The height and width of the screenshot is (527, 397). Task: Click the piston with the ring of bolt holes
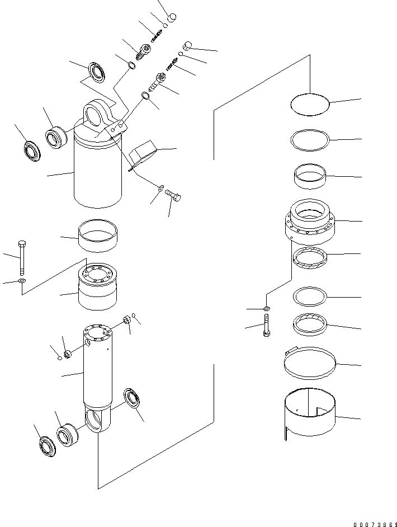click(97, 288)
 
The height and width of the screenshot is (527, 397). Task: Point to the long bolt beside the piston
click(21, 257)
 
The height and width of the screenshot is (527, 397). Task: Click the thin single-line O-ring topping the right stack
click(310, 105)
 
